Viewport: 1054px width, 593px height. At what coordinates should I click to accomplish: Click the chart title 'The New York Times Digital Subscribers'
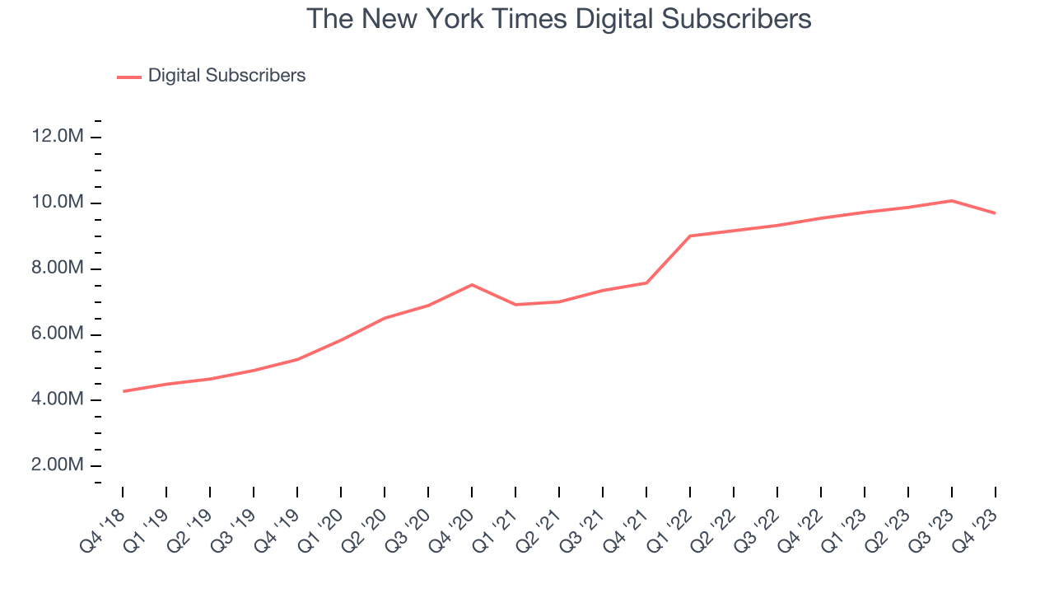(x=559, y=19)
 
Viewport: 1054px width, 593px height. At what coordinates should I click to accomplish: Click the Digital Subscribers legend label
(x=226, y=76)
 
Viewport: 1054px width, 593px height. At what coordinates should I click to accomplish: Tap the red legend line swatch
(x=129, y=77)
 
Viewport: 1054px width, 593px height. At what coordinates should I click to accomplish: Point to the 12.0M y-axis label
(x=58, y=137)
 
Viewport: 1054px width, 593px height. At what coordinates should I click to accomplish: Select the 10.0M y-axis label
(x=58, y=203)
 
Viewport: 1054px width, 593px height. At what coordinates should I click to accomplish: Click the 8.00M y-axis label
(x=58, y=268)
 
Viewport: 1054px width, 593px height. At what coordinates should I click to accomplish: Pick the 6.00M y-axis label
(x=58, y=334)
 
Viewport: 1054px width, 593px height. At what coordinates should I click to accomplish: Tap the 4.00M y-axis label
(x=58, y=399)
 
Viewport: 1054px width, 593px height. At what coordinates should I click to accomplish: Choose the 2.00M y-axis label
(x=58, y=465)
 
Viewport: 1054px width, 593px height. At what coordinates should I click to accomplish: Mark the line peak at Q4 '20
(x=472, y=285)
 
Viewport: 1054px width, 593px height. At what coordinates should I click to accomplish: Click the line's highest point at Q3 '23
(x=951, y=200)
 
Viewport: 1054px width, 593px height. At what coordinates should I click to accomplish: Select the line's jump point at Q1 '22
(x=690, y=236)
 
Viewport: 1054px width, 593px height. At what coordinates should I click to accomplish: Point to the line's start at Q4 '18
(x=124, y=391)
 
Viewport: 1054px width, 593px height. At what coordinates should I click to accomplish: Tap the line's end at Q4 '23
(x=995, y=213)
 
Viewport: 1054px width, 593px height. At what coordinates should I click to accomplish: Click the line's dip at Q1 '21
(x=515, y=305)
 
